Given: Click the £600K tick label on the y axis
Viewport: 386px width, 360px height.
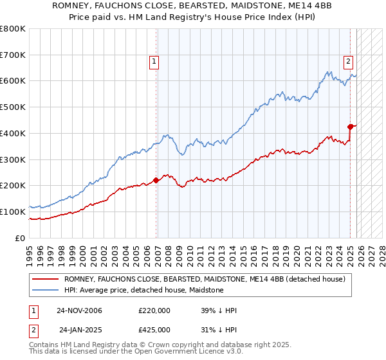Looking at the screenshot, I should pos(13,81).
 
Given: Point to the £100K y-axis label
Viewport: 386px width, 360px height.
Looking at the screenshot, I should pos(13,212).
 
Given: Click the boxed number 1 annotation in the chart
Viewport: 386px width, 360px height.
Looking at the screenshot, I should pos(155,62).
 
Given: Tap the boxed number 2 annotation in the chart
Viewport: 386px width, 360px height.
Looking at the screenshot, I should pos(348,62).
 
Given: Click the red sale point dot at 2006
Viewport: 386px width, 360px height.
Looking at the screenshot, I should pos(156,181).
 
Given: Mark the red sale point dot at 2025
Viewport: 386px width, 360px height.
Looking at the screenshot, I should pos(351,127).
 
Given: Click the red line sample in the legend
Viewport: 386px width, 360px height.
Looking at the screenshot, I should pos(46,279).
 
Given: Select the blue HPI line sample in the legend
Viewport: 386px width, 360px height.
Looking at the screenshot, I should pos(46,290).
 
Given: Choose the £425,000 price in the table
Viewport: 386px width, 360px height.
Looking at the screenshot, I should pos(154,330).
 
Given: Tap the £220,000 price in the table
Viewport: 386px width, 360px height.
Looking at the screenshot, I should pos(154,310).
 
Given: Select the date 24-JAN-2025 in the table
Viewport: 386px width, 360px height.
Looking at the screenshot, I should pos(80,330).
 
